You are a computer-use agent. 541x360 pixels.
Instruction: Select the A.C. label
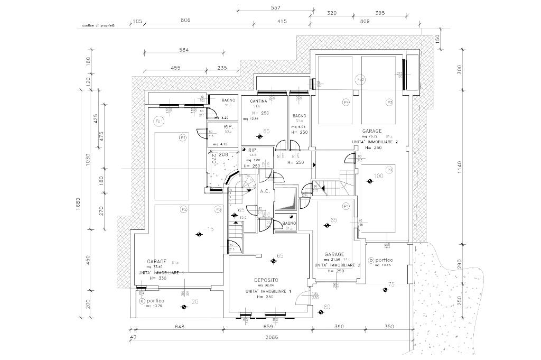point(265,191)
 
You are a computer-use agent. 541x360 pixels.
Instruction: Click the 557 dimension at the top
point(274,7)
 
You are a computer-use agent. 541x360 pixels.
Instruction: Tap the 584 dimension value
point(183,50)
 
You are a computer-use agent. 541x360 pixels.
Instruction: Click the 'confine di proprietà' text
point(99,25)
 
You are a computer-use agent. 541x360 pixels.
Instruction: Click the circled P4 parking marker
point(347,102)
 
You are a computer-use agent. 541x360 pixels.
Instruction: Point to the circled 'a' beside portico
point(142,301)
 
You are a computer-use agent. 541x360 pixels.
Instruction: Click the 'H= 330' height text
point(158,278)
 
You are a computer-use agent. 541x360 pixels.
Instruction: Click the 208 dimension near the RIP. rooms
point(223,154)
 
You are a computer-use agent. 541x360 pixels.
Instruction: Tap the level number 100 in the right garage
point(378,176)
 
